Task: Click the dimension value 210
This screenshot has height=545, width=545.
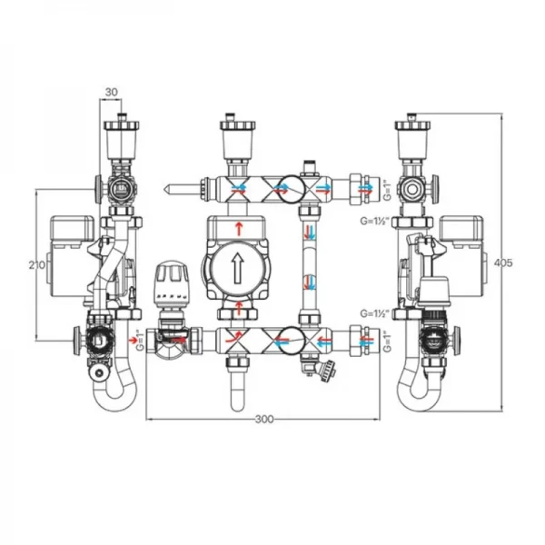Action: (36, 264)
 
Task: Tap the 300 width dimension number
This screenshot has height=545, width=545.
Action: (264, 419)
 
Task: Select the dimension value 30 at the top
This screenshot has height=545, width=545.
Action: (112, 92)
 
